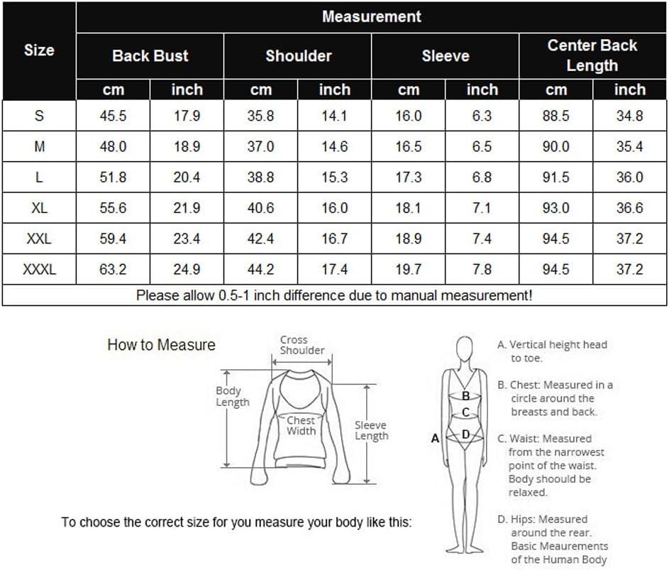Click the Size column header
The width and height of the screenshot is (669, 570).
click(39, 50)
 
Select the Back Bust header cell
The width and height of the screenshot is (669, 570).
click(150, 56)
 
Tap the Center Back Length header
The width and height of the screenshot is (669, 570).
click(592, 55)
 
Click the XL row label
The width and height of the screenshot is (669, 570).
click(39, 208)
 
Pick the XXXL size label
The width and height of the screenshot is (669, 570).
click(39, 270)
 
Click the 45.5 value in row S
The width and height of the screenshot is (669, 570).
click(113, 116)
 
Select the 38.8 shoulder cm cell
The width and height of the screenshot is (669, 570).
click(260, 177)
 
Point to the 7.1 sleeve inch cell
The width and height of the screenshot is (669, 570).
click(482, 208)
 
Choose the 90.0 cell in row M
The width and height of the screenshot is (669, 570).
click(556, 146)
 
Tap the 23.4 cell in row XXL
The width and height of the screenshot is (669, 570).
click(187, 239)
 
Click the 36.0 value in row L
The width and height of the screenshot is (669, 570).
click(630, 177)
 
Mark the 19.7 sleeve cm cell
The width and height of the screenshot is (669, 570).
click(409, 270)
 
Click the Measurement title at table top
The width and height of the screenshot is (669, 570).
click(372, 16)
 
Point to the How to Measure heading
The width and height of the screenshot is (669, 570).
click(161, 344)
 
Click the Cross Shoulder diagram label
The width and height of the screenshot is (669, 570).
click(302, 345)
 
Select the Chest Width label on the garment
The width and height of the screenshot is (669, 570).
click(301, 426)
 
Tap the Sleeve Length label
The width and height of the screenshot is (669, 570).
click(371, 430)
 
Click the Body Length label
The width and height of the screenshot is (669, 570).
click(232, 396)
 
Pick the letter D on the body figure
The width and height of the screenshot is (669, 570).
click(465, 434)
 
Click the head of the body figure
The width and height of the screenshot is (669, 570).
click(464, 349)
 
